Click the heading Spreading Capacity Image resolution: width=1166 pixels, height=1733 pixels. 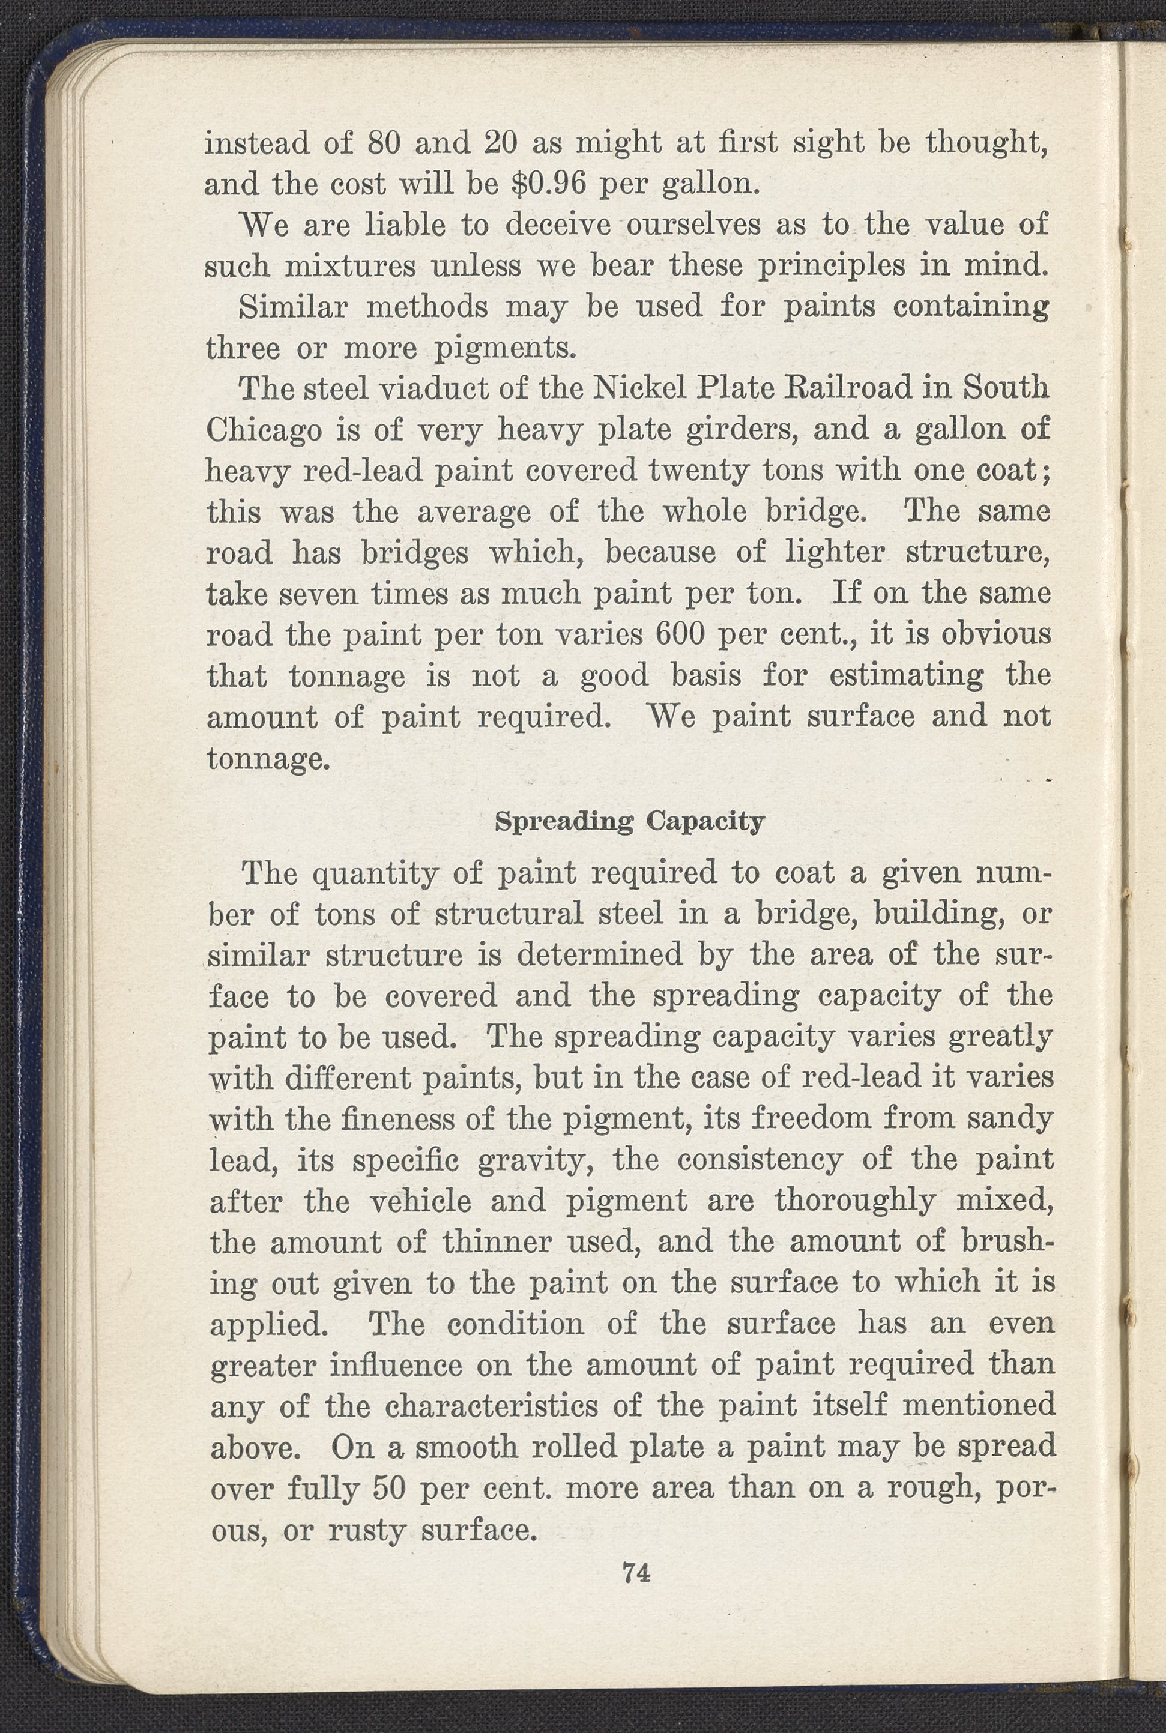629,822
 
